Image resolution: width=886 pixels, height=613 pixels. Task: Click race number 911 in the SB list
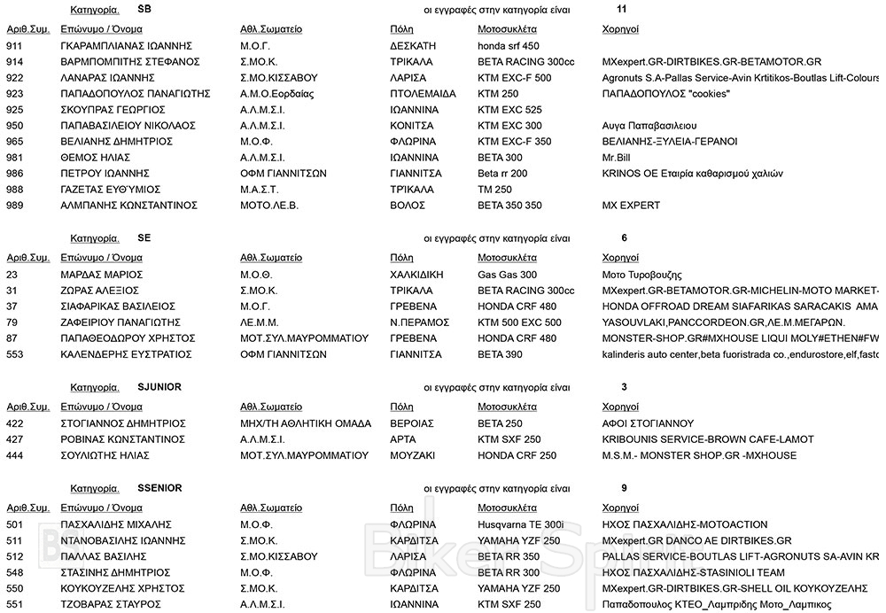[15, 46]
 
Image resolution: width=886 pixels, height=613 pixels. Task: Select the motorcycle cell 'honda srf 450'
[508, 46]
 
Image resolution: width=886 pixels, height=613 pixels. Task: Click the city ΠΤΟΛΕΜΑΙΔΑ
[423, 94]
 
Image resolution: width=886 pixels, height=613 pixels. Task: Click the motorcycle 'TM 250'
[494, 190]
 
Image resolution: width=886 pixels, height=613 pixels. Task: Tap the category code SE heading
[144, 238]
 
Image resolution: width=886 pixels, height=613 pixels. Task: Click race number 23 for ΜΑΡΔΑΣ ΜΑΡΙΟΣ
[12, 275]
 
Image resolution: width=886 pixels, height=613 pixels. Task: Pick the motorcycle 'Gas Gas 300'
[507, 275]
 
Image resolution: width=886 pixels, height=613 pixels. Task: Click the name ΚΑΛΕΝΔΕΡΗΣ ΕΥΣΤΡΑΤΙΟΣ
[126, 354]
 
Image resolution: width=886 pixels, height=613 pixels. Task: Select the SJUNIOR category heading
[159, 387]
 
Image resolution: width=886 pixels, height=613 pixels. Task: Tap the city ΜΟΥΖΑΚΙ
[414, 455]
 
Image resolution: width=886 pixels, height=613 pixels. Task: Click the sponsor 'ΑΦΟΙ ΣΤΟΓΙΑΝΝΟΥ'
[648, 423]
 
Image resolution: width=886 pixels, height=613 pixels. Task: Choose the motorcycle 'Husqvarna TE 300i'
[520, 524]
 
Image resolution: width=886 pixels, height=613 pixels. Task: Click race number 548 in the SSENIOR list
[15, 572]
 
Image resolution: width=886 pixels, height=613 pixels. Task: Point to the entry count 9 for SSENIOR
[626, 488]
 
